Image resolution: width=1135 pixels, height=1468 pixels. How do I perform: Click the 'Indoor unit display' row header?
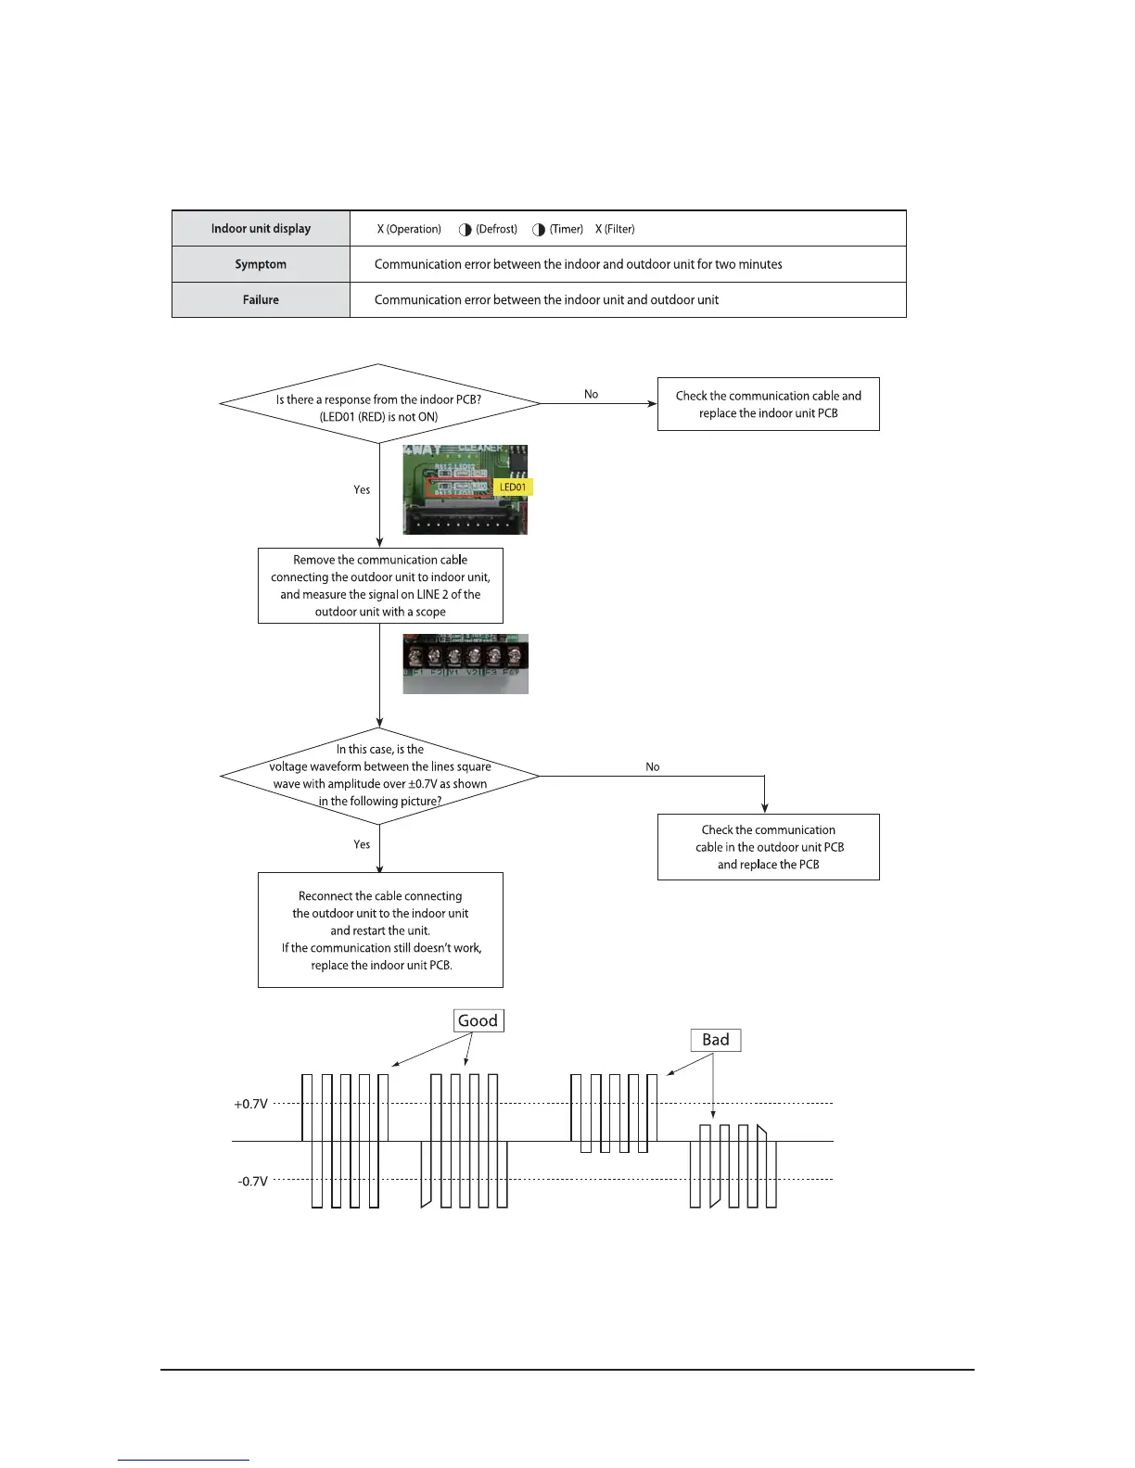coord(261,229)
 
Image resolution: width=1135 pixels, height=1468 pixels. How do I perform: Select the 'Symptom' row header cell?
coord(261,264)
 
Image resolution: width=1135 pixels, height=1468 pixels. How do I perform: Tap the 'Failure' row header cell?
coord(261,300)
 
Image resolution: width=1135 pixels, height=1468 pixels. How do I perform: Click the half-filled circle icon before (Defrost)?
coord(465,230)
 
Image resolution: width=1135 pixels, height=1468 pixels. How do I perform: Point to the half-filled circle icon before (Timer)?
coord(539,230)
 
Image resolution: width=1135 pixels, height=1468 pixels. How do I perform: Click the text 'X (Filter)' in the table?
coord(615,229)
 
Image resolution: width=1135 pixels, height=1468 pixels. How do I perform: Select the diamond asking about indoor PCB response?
coord(379,404)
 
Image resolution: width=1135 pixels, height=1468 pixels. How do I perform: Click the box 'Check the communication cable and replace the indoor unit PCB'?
coord(768,404)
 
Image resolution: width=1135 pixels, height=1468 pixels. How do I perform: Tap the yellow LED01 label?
coord(513,487)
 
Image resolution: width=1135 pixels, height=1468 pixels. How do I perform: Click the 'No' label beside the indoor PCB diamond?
coord(592,394)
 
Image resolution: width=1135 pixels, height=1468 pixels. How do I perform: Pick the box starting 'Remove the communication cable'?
coord(380,586)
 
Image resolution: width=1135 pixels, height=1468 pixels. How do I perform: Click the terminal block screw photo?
coord(465,664)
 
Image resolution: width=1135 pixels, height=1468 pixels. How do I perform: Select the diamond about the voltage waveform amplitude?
coord(379,776)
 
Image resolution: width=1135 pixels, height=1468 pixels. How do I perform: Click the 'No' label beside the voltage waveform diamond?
coord(653,766)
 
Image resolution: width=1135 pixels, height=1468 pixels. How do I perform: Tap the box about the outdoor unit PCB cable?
coord(768,847)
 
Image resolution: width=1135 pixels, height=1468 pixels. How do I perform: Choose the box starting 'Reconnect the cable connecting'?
coord(380,930)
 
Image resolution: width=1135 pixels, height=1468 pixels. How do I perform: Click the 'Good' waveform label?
coord(478,1020)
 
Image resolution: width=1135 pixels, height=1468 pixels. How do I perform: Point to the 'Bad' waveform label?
coord(716,1040)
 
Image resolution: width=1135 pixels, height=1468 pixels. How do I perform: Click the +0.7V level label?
coord(251,1104)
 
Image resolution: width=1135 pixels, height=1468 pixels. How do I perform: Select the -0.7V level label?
coord(252,1182)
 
